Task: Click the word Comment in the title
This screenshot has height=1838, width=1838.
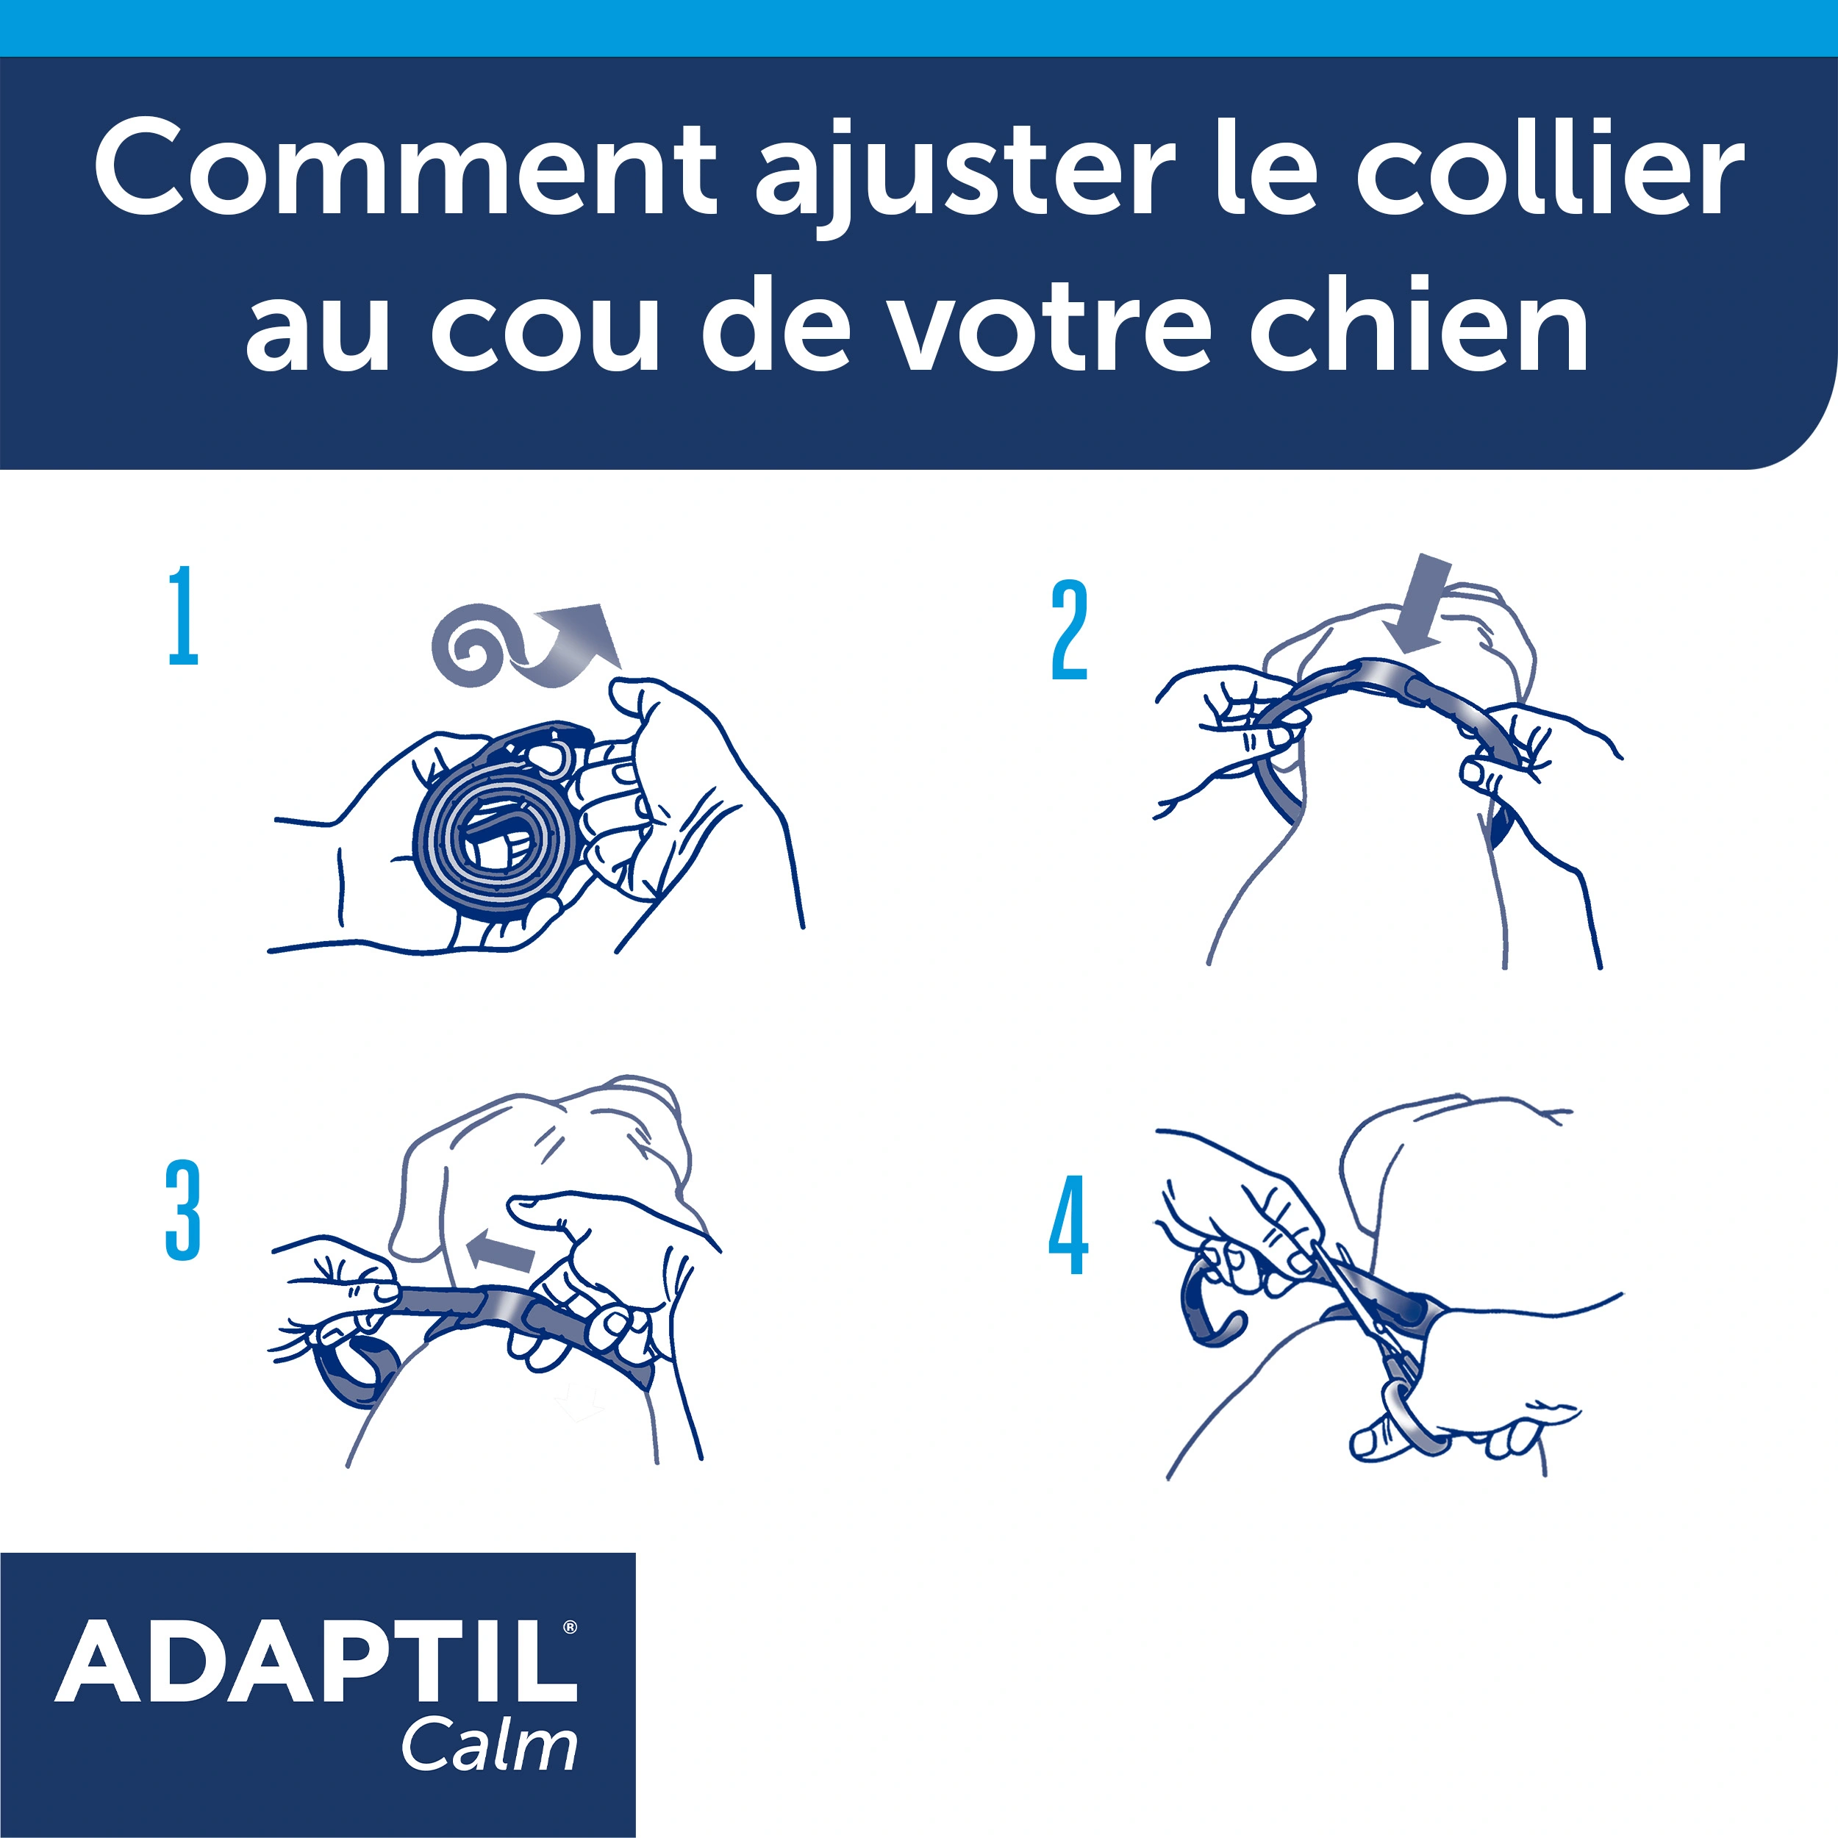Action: click(x=404, y=169)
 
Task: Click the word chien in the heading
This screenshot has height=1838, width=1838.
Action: click(x=1417, y=326)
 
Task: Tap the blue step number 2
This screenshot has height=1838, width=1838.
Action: click(x=1068, y=631)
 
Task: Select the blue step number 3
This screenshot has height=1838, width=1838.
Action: click(x=182, y=1210)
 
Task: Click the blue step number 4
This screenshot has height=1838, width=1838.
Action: click(x=1068, y=1226)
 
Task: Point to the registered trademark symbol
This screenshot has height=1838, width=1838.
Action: click(x=570, y=1627)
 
